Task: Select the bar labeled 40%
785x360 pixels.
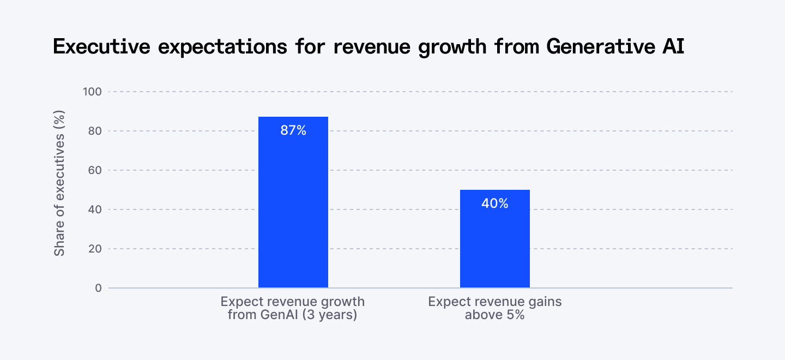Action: (x=494, y=245)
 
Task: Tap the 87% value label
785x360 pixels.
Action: (x=293, y=131)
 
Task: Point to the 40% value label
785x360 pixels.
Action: (x=495, y=203)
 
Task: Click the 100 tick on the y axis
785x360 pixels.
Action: (x=92, y=92)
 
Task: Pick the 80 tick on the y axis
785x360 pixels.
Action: (x=95, y=131)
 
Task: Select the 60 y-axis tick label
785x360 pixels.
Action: (x=95, y=170)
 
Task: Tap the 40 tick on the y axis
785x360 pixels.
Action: (x=95, y=209)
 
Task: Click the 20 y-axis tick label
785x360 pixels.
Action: (x=95, y=249)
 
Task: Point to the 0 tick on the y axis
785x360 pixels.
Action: (x=98, y=288)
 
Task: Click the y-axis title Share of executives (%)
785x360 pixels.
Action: (x=59, y=183)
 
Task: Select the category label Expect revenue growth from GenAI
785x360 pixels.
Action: (x=293, y=308)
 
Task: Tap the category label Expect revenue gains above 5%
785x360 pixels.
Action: (x=494, y=308)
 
